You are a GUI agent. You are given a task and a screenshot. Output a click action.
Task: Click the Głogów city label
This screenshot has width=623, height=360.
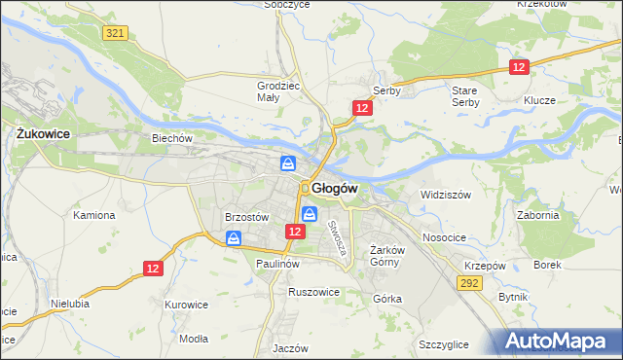[x=337, y=188]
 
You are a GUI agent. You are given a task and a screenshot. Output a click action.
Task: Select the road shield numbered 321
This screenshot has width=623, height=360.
[x=115, y=33]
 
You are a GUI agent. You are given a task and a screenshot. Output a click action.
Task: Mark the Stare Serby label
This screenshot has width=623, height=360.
[x=464, y=95]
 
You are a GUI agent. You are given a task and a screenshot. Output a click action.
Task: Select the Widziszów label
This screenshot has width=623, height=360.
[x=445, y=195]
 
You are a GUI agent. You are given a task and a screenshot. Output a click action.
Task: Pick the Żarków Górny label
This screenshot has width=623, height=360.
[x=387, y=255]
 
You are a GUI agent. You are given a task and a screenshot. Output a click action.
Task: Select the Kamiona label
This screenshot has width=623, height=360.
[x=94, y=214]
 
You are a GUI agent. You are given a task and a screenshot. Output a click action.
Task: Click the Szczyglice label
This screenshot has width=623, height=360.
[x=444, y=344]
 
